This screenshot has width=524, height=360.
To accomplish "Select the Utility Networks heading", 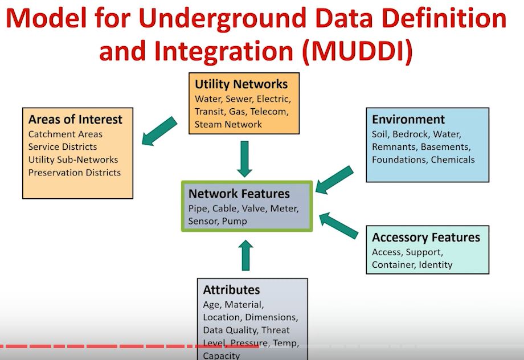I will point(241,84).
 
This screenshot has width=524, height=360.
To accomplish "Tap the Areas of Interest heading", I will point(75,120).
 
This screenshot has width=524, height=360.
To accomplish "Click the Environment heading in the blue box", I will point(408,120).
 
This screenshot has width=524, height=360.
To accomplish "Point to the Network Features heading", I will point(239,194).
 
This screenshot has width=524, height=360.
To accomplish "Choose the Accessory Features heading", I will point(425,238).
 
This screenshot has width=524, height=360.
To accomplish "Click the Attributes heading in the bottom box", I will point(231,290).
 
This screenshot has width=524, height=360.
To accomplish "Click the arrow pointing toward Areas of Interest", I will point(159,130).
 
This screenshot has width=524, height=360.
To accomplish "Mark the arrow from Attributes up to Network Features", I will point(245,255).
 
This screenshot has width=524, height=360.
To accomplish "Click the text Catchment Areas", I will point(65,134).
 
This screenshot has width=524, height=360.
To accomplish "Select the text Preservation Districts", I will point(75,173).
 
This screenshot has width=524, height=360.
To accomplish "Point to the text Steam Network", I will point(228,124).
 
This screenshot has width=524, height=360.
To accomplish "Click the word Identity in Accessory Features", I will point(436,264).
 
